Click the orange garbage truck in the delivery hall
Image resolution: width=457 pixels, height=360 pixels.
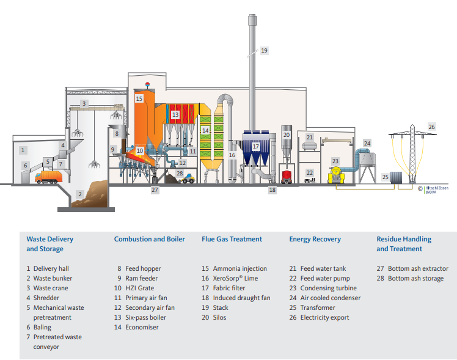coord(48,177)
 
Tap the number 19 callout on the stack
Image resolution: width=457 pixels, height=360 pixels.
coord(264,50)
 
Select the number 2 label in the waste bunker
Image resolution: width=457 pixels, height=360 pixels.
coord(79,194)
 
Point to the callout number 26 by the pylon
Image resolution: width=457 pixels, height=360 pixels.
coord(432,127)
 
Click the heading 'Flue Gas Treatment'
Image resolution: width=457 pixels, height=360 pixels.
coord(232,239)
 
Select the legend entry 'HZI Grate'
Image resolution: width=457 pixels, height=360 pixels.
coord(139,288)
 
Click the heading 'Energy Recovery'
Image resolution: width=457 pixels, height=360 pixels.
coord(315,239)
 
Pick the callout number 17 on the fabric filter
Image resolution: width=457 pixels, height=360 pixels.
coord(256,147)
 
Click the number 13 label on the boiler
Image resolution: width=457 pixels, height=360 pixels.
coord(175,114)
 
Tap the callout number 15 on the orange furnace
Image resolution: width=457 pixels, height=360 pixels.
coord(139,98)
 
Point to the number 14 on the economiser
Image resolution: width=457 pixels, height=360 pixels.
coord(206,130)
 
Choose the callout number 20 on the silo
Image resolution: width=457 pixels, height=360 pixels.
coord(286,134)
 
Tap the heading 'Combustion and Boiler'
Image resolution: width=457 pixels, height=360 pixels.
coord(149,239)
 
